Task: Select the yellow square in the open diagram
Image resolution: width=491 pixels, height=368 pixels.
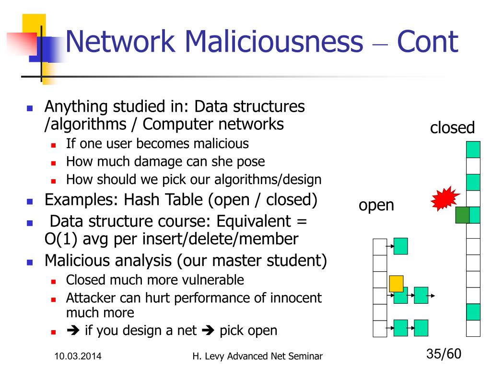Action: [396, 283]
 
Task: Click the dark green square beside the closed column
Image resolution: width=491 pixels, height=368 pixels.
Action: [462, 215]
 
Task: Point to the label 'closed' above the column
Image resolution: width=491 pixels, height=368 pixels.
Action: [452, 127]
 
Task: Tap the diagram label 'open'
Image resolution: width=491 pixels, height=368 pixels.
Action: [376, 205]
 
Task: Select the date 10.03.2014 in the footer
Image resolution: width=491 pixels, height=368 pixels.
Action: [78, 356]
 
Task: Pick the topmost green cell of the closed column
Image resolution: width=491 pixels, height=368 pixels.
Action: [473, 149]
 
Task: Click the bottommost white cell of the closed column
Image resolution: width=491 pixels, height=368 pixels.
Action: [473, 328]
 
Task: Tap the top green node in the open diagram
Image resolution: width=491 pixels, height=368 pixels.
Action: [400, 246]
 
